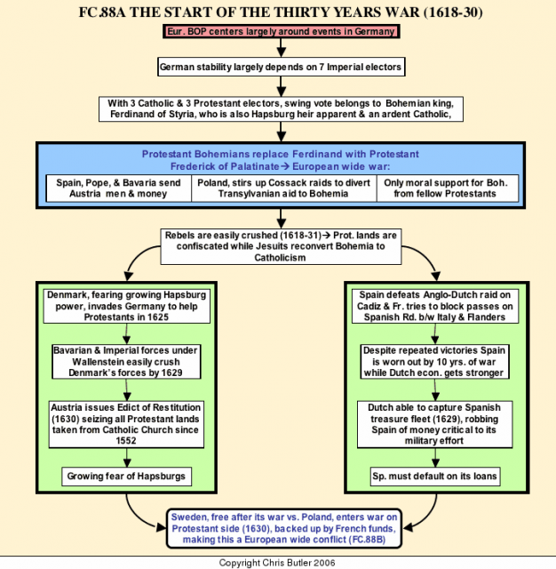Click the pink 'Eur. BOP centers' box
(282, 32)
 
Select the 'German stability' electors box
(282, 67)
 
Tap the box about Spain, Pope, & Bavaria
(118, 188)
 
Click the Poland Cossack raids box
(284, 188)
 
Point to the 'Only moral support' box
(448, 188)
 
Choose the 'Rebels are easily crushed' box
(281, 246)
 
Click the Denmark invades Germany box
(126, 306)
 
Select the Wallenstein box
(126, 362)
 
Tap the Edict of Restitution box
(126, 424)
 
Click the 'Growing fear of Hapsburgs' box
(126, 477)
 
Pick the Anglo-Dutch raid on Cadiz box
(435, 306)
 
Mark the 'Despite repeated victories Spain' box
(434, 362)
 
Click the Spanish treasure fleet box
(434, 424)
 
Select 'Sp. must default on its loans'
(434, 477)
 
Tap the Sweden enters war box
(284, 528)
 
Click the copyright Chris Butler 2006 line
(277, 563)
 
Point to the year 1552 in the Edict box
(126, 441)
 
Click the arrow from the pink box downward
(282, 47)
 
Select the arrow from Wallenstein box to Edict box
(126, 389)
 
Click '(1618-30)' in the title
(454, 12)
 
